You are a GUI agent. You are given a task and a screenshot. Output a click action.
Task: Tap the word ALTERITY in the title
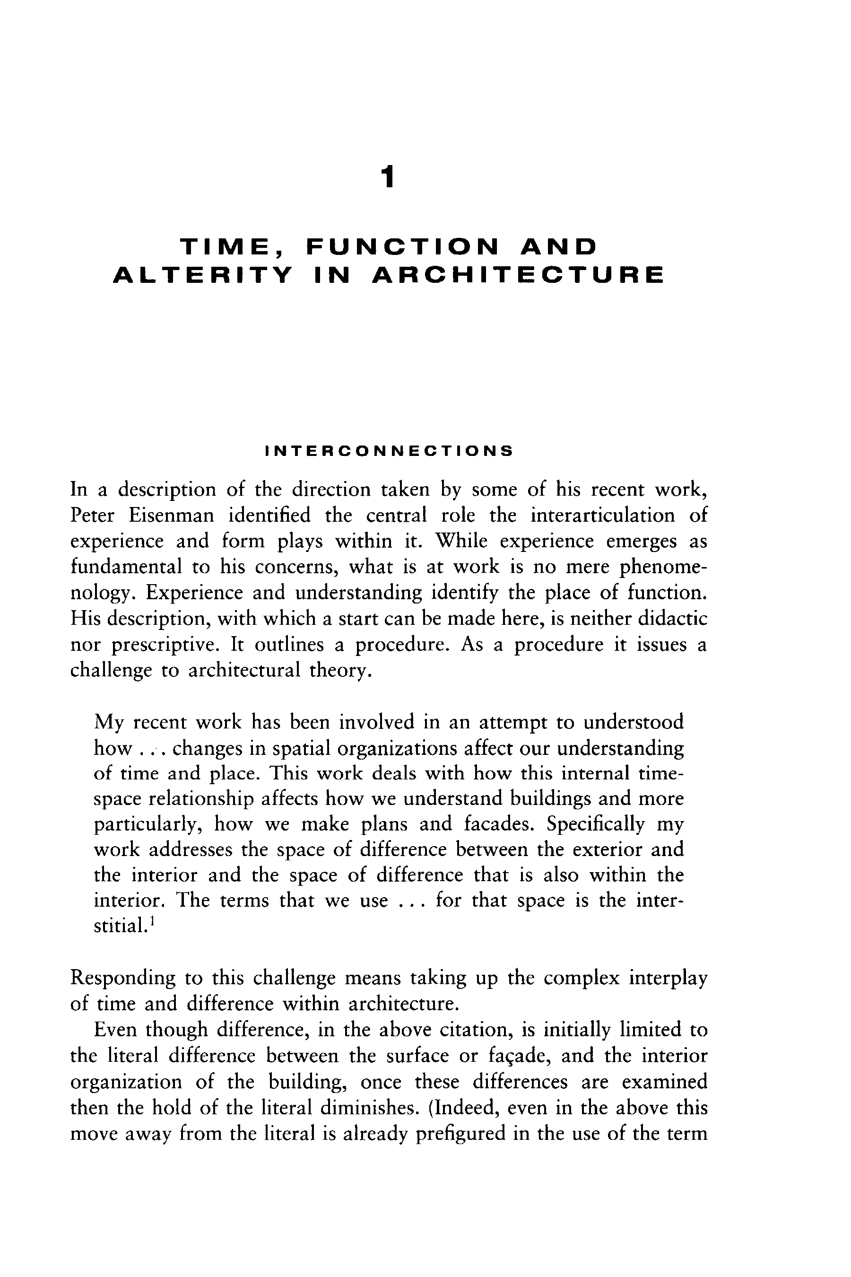point(202,275)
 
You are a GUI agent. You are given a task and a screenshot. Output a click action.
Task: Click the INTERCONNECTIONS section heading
point(389,451)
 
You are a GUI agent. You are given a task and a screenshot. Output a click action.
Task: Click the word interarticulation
point(602,515)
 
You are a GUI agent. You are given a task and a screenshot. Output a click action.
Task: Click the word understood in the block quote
point(634,722)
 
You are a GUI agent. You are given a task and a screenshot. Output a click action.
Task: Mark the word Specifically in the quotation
point(595,824)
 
